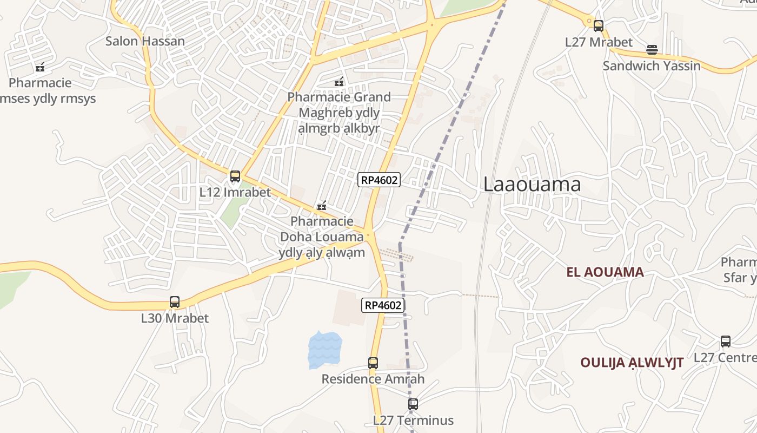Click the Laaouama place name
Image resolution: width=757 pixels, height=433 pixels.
tap(532, 185)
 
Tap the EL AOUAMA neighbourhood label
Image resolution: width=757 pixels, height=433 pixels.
tap(605, 272)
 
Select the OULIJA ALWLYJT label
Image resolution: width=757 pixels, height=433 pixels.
tap(632, 362)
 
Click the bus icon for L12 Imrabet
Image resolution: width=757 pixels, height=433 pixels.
tap(235, 176)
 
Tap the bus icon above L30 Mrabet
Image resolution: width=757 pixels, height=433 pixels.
tap(175, 302)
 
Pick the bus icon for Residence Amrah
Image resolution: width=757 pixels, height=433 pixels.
tap(373, 363)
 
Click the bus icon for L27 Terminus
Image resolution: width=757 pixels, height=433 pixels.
tap(413, 404)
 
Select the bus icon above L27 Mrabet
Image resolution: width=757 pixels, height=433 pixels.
tap(598, 25)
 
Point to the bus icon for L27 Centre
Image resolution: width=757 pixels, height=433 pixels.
tap(726, 342)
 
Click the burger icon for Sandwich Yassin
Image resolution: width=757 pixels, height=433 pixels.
tap(652, 50)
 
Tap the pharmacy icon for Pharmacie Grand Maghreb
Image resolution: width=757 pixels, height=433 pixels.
tap(339, 82)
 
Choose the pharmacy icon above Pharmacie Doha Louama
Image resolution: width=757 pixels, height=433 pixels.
tap(322, 206)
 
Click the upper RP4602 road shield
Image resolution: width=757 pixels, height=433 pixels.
tap(378, 180)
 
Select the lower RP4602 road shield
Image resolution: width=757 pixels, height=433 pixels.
tap(383, 305)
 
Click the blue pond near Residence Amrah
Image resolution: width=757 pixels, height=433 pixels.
tap(324, 349)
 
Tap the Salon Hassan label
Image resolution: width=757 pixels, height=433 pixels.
tap(145, 41)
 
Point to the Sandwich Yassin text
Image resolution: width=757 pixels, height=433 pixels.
tap(652, 66)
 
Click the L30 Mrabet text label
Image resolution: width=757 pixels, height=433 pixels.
tap(175, 318)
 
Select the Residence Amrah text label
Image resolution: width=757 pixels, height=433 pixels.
tap(373, 379)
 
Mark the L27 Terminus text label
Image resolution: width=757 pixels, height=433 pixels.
tap(413, 420)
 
